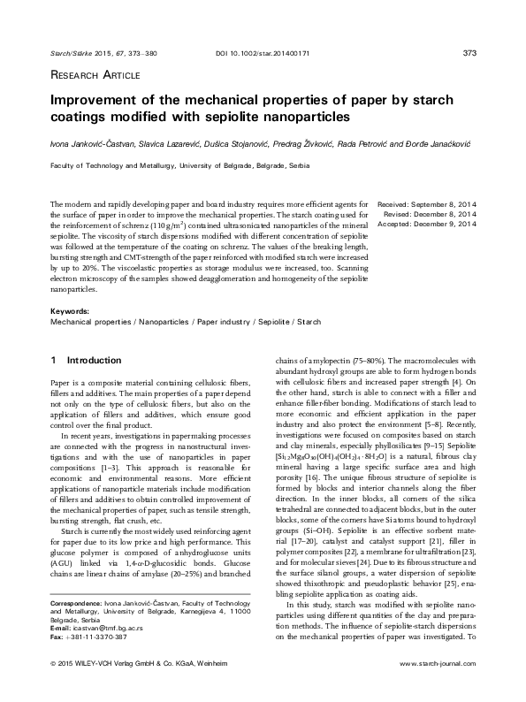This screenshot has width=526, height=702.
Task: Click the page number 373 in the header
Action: click(x=469, y=54)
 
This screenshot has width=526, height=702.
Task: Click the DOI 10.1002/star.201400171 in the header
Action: click(x=263, y=54)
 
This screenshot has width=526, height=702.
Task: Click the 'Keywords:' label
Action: click(x=71, y=312)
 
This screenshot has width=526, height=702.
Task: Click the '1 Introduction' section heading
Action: click(x=87, y=361)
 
